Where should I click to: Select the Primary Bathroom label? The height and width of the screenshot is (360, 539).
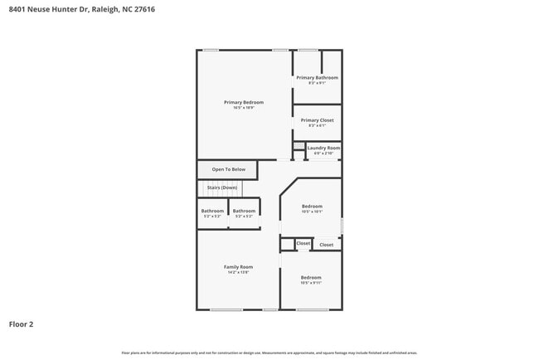[x=318, y=77]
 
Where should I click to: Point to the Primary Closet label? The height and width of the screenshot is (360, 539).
[x=318, y=120]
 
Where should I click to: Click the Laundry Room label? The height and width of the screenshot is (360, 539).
[x=323, y=148]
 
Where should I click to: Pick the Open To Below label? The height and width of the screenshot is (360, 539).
[x=229, y=169]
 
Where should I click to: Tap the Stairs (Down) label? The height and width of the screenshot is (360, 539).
[x=221, y=187]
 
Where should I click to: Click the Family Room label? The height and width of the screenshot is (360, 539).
[x=238, y=266]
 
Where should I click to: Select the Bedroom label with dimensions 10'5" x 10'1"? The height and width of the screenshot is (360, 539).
[x=312, y=206]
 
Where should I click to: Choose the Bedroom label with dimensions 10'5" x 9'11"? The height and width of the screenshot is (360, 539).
[x=311, y=277]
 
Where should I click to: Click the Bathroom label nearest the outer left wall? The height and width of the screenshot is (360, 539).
[x=212, y=211]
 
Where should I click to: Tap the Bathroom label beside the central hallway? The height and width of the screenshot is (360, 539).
[x=244, y=211]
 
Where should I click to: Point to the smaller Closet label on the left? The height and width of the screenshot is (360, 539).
[x=303, y=244]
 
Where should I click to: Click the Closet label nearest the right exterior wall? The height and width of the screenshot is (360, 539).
[x=327, y=245]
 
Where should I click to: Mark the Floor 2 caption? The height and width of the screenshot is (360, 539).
[x=22, y=324]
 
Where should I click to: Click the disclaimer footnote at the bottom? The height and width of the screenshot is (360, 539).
[x=269, y=353]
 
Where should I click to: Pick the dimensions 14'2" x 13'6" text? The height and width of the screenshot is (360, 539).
[x=238, y=272]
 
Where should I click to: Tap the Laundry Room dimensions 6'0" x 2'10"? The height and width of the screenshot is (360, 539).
[x=323, y=153]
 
